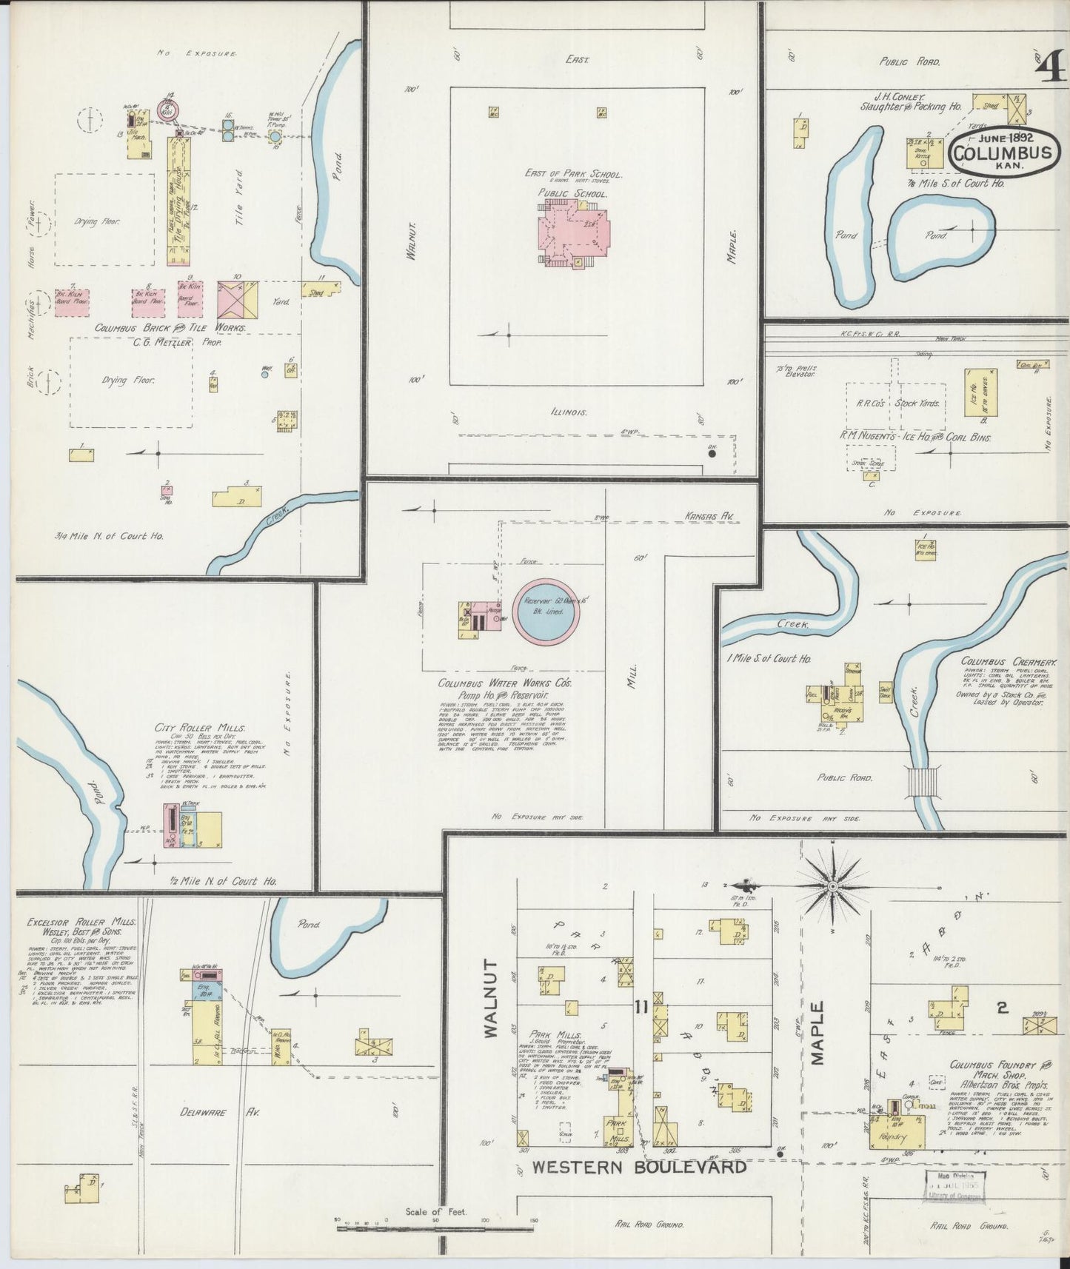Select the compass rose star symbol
[x=832, y=885]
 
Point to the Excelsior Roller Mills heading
[x=81, y=923]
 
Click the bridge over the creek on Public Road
[x=923, y=782]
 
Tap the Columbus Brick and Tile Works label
[x=170, y=327]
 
